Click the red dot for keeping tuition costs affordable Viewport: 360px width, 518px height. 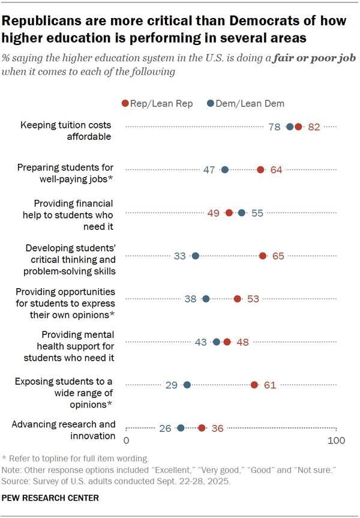click(x=298, y=127)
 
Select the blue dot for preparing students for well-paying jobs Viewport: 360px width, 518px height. click(x=225, y=170)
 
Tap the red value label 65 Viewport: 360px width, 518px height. click(x=278, y=256)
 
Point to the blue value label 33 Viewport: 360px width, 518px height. click(x=180, y=256)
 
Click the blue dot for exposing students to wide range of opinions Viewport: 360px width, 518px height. click(x=187, y=385)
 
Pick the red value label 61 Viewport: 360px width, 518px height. click(x=270, y=385)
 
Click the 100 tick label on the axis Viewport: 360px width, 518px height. click(x=336, y=441)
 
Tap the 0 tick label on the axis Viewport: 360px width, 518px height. click(x=127, y=441)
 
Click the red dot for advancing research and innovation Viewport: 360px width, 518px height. click(x=202, y=428)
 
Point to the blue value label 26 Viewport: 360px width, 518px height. click(x=166, y=429)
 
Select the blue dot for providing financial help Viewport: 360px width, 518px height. click(x=242, y=213)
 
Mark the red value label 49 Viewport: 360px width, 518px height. click(x=214, y=213)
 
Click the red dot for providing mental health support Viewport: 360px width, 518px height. click(x=227, y=342)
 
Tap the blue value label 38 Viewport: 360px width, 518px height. click(x=191, y=299)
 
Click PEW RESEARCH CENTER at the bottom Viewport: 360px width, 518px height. click(x=50, y=498)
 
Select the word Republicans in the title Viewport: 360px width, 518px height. click(x=41, y=21)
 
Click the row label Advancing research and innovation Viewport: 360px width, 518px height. click(x=64, y=430)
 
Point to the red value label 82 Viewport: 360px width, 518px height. click(x=314, y=127)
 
